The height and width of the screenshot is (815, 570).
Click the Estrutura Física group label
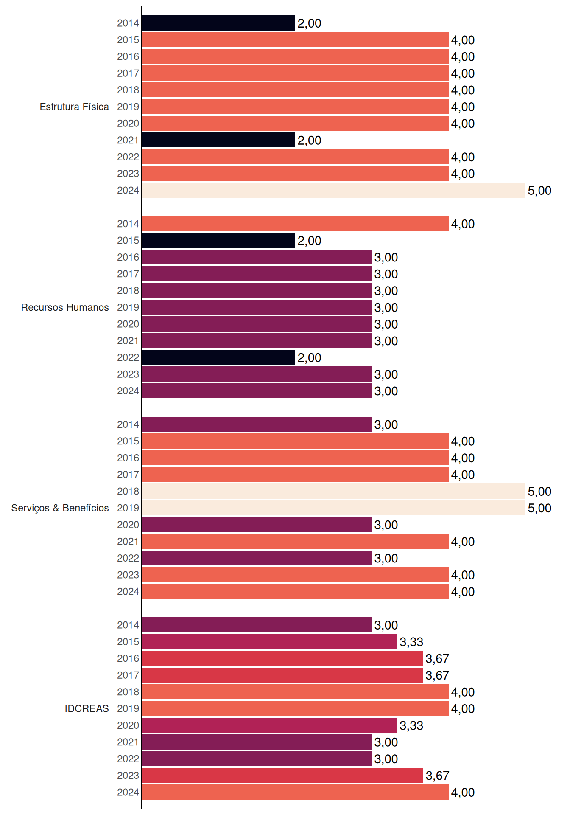[x=74, y=107]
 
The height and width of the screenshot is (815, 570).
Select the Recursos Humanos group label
[x=65, y=307]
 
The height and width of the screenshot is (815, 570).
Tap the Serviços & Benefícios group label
[x=60, y=508]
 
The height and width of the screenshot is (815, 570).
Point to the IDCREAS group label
[x=87, y=708]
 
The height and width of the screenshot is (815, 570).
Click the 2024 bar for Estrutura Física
[x=334, y=190]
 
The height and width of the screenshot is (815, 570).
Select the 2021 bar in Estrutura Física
[x=219, y=140]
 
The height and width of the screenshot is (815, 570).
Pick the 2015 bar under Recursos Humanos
[x=219, y=240]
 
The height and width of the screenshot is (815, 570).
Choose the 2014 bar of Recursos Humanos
[x=296, y=224]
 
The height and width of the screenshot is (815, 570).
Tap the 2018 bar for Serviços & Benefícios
[x=334, y=491]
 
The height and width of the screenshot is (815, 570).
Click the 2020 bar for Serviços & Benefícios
[x=257, y=525]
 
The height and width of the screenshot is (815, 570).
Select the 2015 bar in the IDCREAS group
[x=270, y=642]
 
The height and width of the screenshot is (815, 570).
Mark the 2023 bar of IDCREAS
[x=283, y=776]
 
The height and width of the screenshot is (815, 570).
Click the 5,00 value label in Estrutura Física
[x=539, y=191]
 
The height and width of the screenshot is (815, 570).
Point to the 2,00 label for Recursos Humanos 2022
[x=309, y=358]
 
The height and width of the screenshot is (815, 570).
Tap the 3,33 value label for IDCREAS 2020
[x=411, y=725]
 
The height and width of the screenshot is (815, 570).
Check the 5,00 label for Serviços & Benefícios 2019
[x=539, y=508]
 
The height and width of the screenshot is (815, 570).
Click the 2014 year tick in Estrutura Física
[x=128, y=23]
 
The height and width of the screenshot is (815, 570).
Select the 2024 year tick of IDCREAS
[x=128, y=792]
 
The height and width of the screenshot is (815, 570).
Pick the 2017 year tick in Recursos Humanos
[x=128, y=274]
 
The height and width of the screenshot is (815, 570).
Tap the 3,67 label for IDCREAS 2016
[x=437, y=659]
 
